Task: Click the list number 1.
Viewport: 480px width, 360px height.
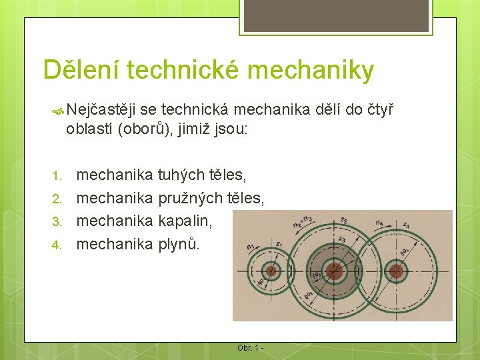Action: pyautogui.click(x=58, y=176)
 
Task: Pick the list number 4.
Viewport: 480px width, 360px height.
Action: pyautogui.click(x=58, y=244)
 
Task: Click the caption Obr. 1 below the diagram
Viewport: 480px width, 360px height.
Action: pyautogui.click(x=250, y=348)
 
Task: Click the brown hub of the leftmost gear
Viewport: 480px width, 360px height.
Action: pyautogui.click(x=271, y=271)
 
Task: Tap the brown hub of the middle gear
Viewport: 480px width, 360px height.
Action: pyautogui.click(x=334, y=271)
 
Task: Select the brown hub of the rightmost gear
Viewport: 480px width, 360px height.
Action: pyautogui.click(x=396, y=271)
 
